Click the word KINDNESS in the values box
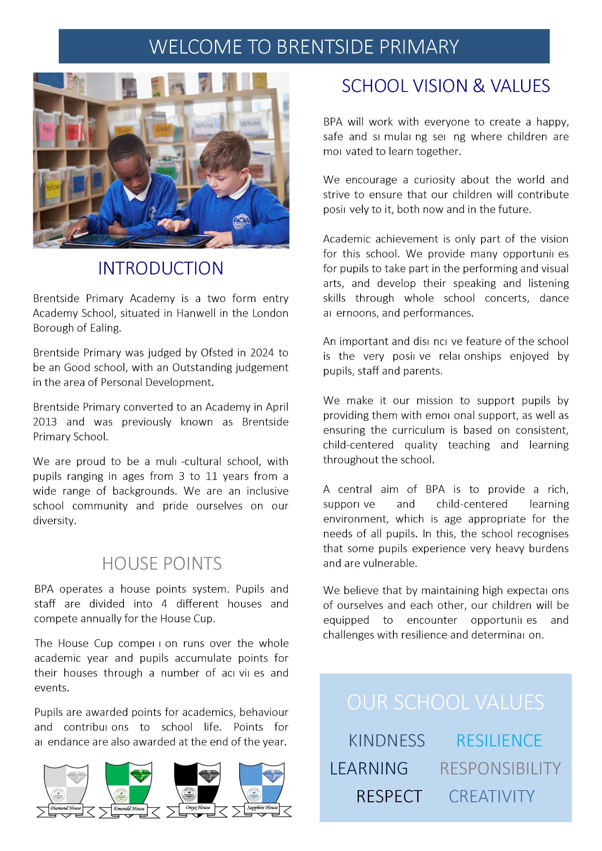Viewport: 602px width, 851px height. [x=387, y=741]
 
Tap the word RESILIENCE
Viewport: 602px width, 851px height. [x=499, y=741]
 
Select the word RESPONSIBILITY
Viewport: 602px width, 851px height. [x=500, y=768]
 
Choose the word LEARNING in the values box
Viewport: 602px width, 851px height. [x=369, y=768]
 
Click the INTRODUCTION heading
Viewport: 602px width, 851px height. [x=161, y=268]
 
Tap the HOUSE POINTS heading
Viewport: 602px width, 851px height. [x=162, y=564]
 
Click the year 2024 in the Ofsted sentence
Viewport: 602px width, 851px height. [x=262, y=353]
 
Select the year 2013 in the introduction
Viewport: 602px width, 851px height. [x=45, y=422]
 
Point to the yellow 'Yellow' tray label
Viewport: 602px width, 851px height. [x=53, y=187]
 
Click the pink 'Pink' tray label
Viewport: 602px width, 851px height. [x=47, y=129]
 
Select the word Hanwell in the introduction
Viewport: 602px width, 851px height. [x=196, y=314]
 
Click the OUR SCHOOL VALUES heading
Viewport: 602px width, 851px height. [x=445, y=703]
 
